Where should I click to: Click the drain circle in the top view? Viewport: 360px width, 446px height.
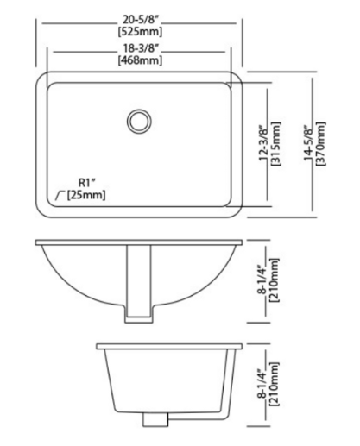tap(137, 120)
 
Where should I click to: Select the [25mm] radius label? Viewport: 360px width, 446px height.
tap(86, 195)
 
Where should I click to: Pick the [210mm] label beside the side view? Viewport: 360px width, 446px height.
tap(275, 383)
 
